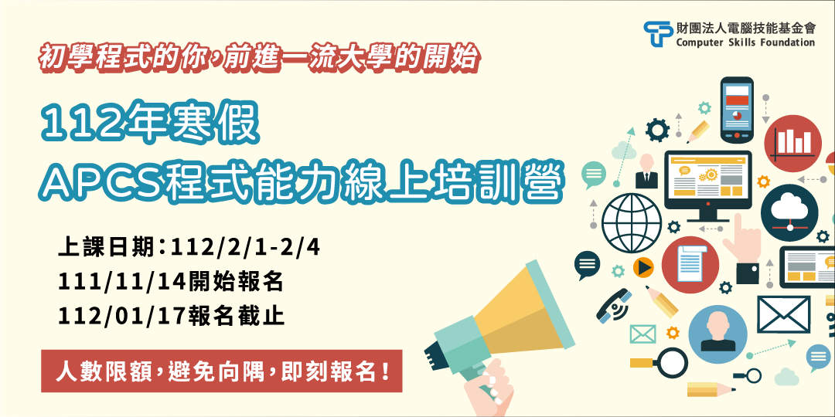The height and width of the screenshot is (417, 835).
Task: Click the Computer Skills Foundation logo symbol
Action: tap(657, 34)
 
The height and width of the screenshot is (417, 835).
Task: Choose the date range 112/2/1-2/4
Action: tap(246, 248)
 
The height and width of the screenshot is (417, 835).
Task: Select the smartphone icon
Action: tap(737, 110)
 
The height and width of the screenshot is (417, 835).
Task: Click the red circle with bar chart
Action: tap(793, 143)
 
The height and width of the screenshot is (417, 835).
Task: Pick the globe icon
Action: tap(632, 223)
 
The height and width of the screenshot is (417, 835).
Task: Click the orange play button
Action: tap(643, 267)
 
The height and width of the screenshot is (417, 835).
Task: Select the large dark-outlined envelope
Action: tap(783, 314)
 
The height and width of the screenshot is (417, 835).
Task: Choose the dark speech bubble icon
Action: tap(587, 265)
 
